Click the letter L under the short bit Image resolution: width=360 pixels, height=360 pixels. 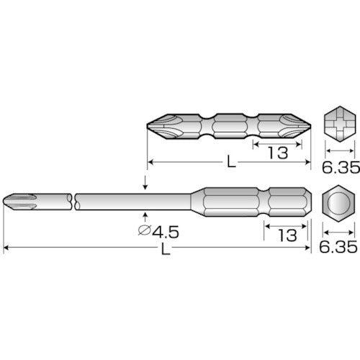point(230,163)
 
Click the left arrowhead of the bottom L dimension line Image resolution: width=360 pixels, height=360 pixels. point(7,248)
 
